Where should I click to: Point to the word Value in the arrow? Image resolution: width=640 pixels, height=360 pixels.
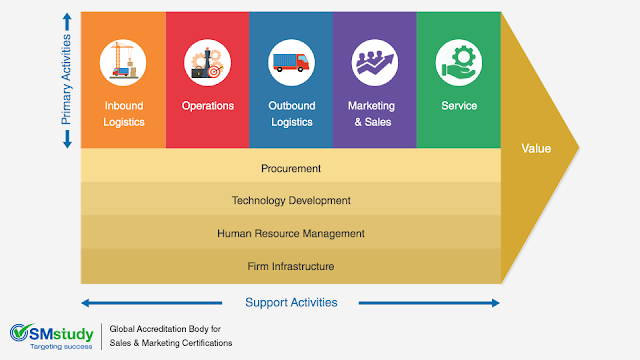tap(537, 149)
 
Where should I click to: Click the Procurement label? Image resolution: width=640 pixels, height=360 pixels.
tap(291, 168)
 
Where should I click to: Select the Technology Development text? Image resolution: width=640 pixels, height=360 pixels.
tap(291, 201)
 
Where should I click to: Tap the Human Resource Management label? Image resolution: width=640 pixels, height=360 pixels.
tap(291, 234)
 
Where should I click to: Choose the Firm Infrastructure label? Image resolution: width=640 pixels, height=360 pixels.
tap(291, 266)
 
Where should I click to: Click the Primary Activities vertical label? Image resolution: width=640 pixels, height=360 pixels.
tap(68, 80)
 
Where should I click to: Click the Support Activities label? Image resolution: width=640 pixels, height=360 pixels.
tap(291, 302)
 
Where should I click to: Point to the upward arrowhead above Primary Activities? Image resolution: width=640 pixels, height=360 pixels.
tap(68, 17)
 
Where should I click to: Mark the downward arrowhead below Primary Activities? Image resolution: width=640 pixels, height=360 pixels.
tap(68, 144)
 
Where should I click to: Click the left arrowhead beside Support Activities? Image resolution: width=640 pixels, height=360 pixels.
tap(87, 302)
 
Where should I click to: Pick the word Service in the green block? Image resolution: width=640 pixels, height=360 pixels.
tap(459, 106)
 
